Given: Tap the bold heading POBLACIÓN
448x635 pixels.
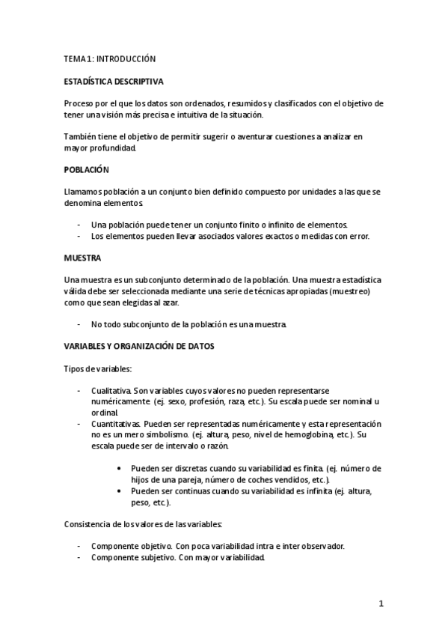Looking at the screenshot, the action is [87, 170].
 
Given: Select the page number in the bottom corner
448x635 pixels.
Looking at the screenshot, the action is [381, 604].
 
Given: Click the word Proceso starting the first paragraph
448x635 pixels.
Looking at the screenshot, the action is [81, 103].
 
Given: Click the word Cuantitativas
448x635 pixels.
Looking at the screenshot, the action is [114, 424].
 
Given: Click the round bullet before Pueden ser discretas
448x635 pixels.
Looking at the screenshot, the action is [121, 468].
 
